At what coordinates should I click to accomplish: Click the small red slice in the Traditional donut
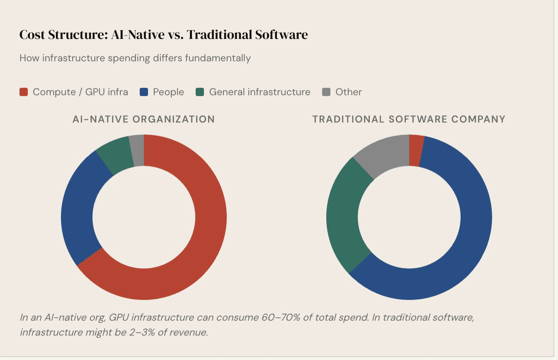point(415,150)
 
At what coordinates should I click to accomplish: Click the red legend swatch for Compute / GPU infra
point(24,92)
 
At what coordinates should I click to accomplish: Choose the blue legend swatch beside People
point(144,92)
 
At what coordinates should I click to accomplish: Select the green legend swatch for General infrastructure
point(200,92)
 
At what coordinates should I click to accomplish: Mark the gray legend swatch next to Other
point(326,92)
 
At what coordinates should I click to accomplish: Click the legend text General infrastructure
point(260,92)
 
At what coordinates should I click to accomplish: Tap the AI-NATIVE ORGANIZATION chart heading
point(143,119)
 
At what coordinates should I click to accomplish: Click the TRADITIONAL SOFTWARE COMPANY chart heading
point(409,119)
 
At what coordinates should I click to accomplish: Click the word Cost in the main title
point(32,35)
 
